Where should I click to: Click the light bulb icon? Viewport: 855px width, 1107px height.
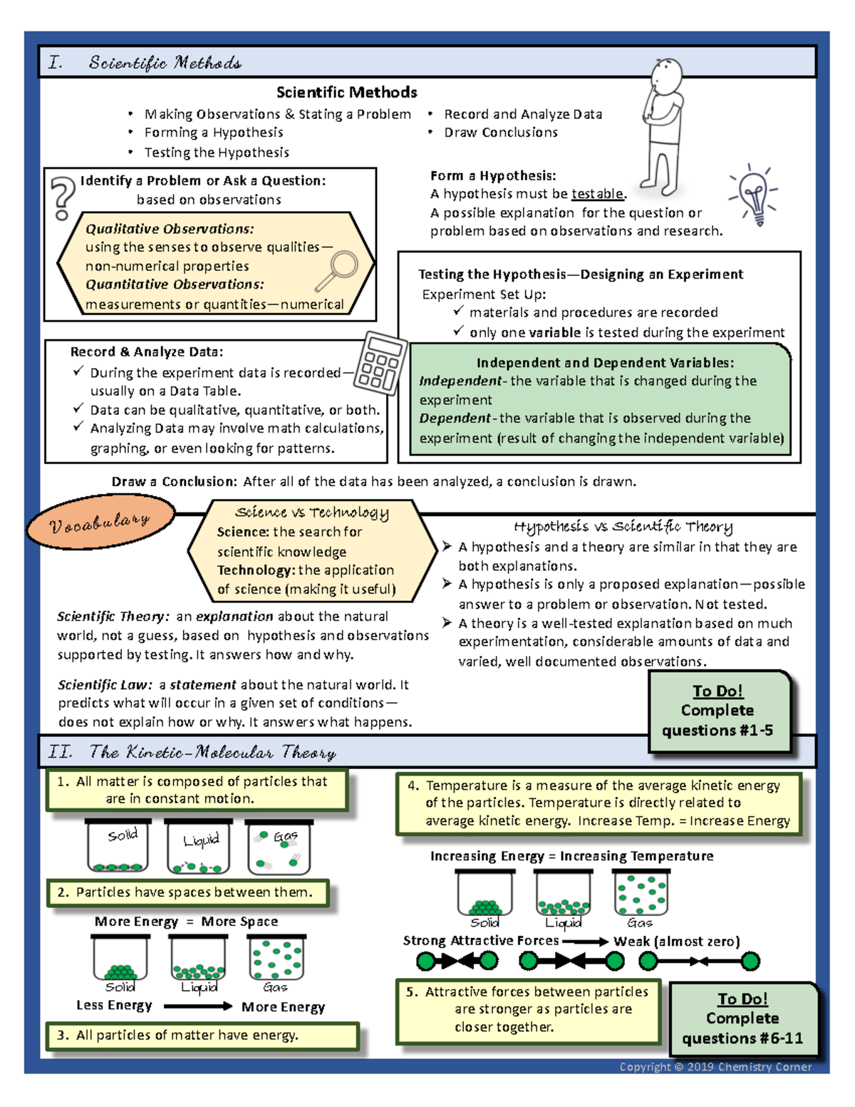coord(755,195)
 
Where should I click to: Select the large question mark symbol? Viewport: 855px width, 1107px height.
coord(63,197)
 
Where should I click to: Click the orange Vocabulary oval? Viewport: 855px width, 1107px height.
coord(100,522)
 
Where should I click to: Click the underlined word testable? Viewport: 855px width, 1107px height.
coord(598,194)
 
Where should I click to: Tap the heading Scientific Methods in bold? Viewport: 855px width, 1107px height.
coord(346,92)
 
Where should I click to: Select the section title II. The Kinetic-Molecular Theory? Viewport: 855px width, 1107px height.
coord(192,752)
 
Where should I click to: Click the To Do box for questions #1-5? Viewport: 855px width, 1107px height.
coord(718,711)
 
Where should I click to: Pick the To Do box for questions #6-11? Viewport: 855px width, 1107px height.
coord(742,1019)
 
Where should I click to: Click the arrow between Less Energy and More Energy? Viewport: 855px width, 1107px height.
coord(197,1006)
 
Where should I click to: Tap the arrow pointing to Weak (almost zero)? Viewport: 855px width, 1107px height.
coord(585,942)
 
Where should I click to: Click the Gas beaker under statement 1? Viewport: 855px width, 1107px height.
coord(279,847)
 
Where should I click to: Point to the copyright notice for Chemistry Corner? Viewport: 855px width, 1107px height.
coord(715,1066)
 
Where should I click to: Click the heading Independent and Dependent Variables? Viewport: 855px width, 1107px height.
coord(605,363)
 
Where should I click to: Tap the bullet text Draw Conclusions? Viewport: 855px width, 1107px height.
coord(501,133)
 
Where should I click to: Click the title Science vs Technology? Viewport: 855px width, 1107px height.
coord(312,512)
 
